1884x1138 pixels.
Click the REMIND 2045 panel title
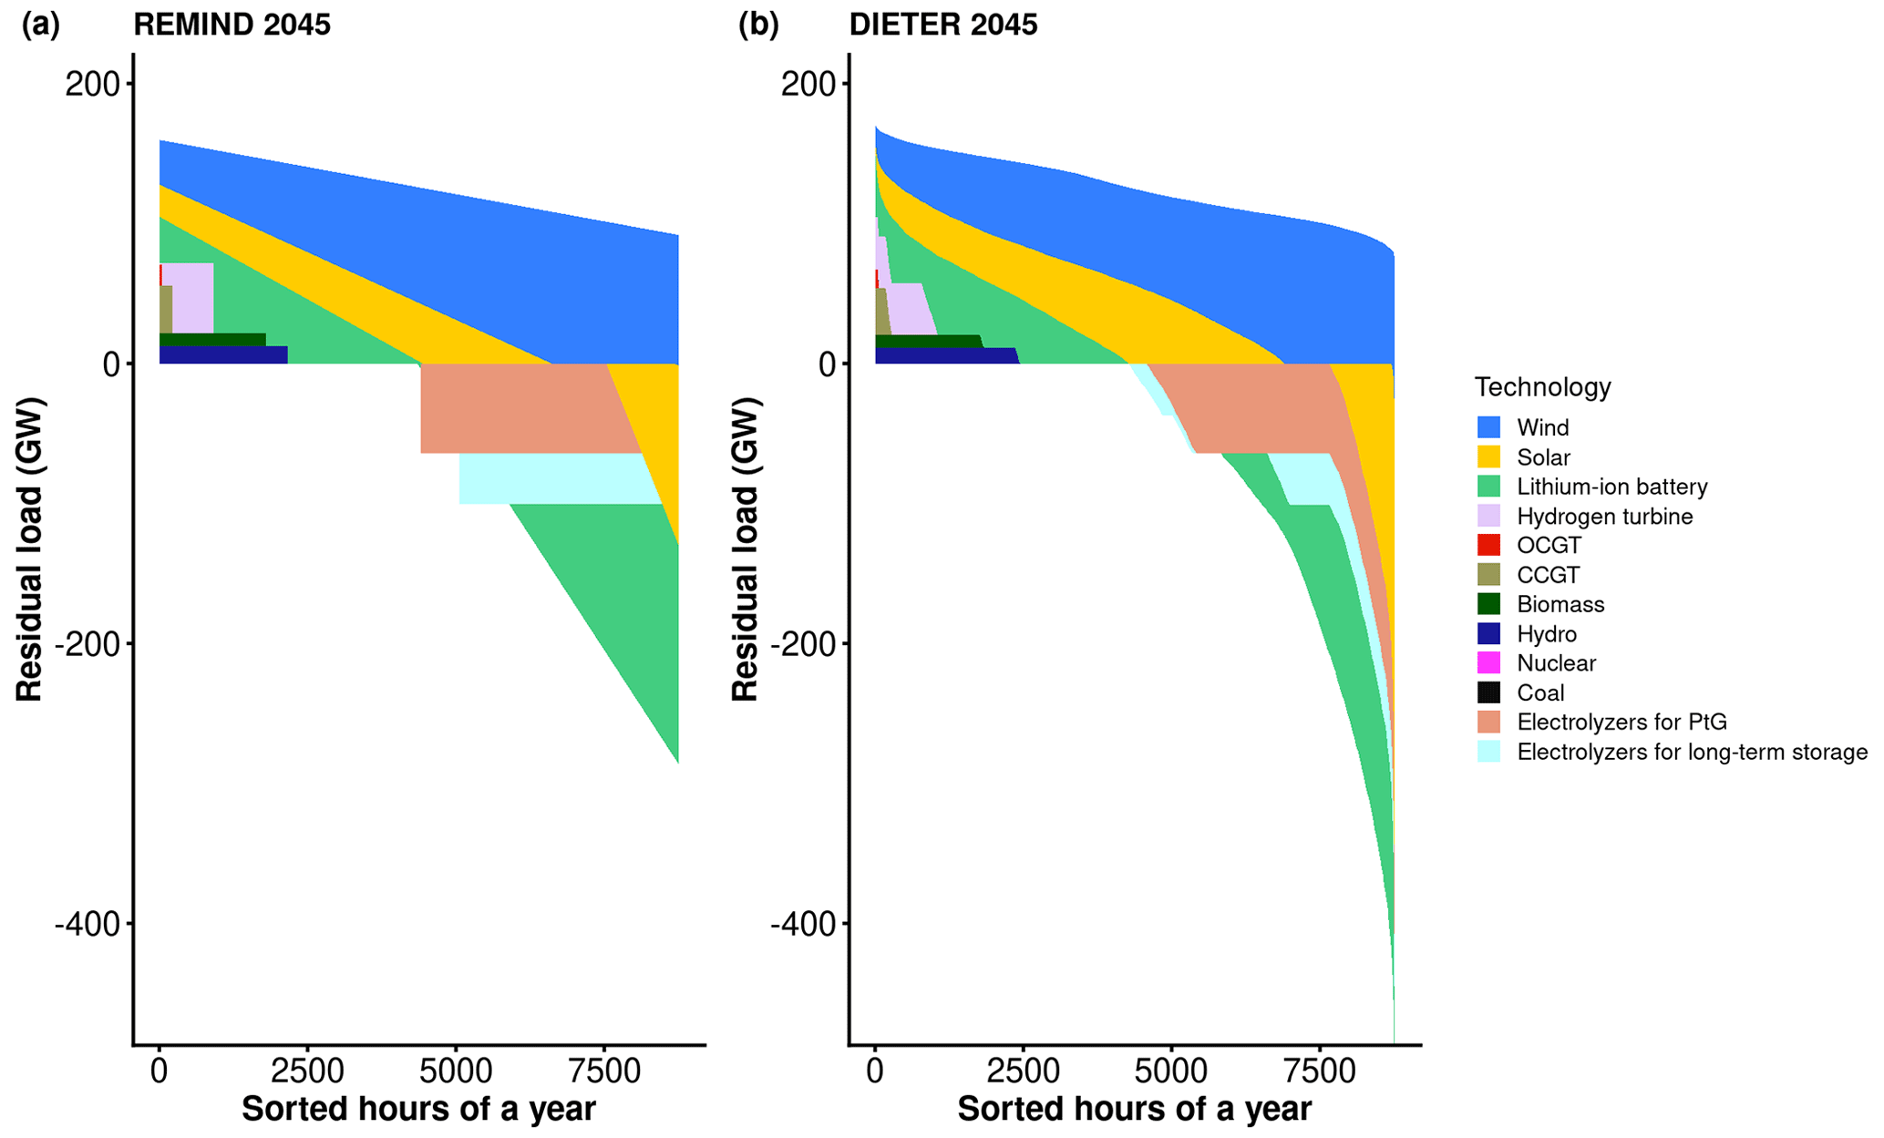click(x=232, y=25)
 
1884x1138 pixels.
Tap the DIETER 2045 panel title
click(x=942, y=25)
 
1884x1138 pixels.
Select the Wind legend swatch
click(x=1488, y=427)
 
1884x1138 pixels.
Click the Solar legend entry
click(x=1543, y=457)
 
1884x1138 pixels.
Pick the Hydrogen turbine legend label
click(x=1604, y=517)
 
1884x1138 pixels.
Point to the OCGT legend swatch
click(x=1488, y=545)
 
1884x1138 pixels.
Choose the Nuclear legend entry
click(x=1556, y=663)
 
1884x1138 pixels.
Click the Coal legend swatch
click(x=1488, y=692)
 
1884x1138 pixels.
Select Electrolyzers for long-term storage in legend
click(x=1692, y=753)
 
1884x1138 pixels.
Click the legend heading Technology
click(x=1542, y=387)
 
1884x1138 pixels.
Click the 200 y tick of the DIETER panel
click(x=808, y=84)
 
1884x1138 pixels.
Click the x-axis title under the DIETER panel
click(x=1134, y=1110)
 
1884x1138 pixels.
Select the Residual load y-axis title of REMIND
click(x=29, y=549)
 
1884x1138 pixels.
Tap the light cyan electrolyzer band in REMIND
click(x=556, y=478)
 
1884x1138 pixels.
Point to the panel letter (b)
click(x=758, y=25)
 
